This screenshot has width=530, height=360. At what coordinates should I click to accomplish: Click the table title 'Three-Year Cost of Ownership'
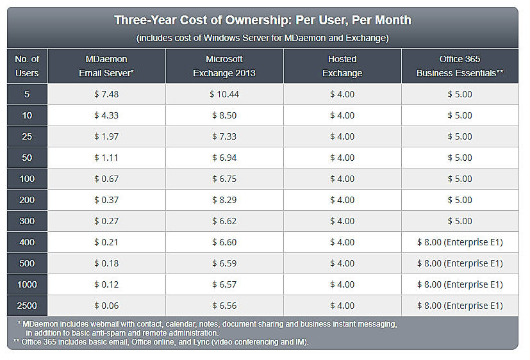click(263, 20)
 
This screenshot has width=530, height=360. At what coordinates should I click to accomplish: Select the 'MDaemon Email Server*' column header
click(106, 66)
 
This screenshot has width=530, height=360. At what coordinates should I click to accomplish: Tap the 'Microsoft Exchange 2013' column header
click(224, 66)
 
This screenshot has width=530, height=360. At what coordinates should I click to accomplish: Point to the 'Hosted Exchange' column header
click(342, 66)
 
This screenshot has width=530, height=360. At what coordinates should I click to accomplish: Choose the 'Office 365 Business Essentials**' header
click(460, 66)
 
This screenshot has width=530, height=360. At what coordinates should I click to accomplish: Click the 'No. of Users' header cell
click(27, 66)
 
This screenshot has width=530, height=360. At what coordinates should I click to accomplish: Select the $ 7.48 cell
click(106, 94)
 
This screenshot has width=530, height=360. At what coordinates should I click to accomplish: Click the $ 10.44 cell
click(224, 94)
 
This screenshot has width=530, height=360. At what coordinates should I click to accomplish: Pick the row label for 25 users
click(27, 136)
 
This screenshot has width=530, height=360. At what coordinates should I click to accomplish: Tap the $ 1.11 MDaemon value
click(106, 158)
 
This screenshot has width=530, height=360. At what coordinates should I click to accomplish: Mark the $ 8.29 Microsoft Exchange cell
click(224, 200)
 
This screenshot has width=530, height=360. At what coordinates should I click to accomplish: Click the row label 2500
click(27, 306)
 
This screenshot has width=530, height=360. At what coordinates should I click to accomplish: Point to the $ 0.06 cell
click(106, 306)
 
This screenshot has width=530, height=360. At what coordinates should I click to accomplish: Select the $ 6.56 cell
click(224, 306)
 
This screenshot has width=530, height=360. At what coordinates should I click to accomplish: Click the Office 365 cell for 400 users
click(460, 242)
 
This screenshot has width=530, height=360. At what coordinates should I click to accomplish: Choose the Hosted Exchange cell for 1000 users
click(342, 284)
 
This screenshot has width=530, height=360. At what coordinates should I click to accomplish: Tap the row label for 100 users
click(27, 179)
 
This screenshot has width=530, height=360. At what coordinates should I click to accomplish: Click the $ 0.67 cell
click(106, 179)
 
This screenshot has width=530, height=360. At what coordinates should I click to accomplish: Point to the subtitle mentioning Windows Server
click(263, 38)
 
